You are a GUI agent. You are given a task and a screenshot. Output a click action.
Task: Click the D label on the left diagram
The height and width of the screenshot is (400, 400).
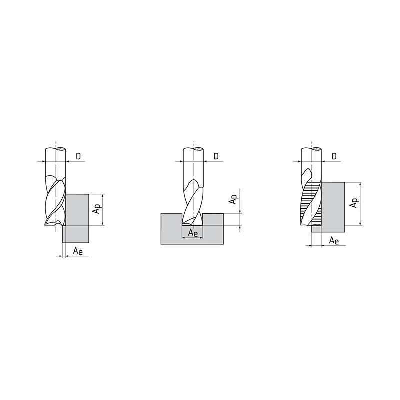point(78,156)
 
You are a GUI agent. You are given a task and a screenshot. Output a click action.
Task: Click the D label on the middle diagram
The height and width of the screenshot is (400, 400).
point(216,156)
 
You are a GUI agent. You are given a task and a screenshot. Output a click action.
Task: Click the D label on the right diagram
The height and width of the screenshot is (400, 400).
point(334,156)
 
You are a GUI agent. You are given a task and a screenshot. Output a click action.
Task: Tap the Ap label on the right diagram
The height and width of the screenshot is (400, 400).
point(354,202)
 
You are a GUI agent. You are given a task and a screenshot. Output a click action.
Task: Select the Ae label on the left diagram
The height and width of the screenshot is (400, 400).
point(78,251)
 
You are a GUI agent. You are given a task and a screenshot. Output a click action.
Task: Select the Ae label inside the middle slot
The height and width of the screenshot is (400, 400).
point(193,233)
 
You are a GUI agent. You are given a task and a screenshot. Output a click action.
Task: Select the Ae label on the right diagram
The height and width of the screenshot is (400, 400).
point(334,240)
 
